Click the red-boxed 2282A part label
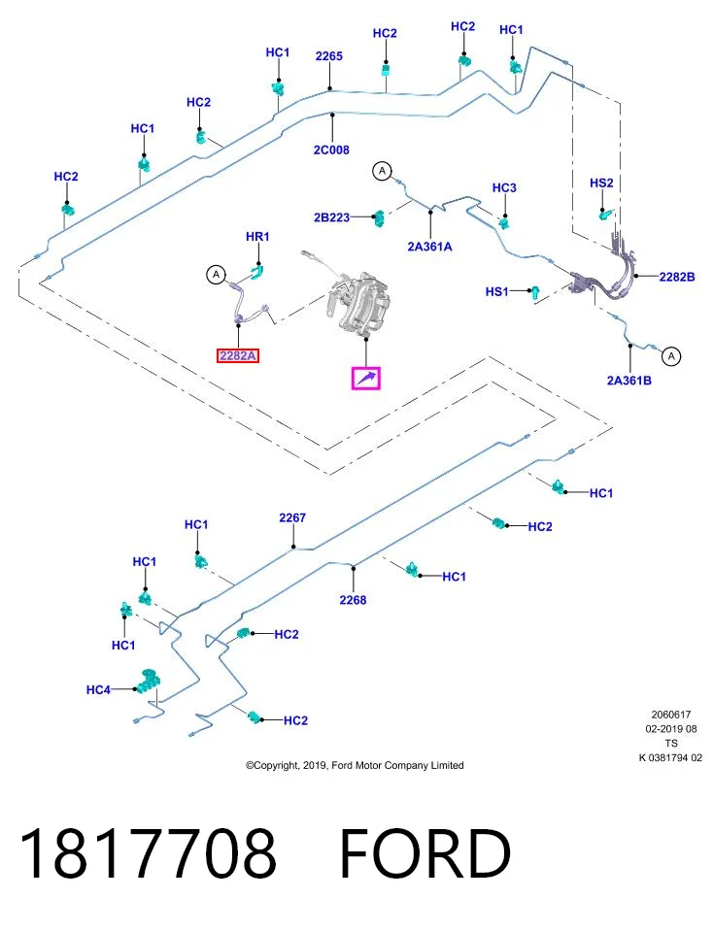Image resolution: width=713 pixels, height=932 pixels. point(238,355)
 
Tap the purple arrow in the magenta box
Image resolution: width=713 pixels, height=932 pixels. point(365,378)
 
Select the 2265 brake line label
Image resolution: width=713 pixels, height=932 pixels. point(329,56)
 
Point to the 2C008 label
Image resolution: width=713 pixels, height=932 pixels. point(331,150)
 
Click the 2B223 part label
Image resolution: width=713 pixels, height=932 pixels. point(332,217)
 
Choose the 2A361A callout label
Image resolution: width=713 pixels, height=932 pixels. point(429,246)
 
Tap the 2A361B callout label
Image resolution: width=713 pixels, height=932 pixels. point(628,381)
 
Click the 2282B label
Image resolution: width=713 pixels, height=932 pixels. point(677,277)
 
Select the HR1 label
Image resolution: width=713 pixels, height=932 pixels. point(257,237)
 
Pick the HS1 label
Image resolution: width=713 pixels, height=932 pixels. point(497,291)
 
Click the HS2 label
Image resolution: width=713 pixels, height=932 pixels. point(601,183)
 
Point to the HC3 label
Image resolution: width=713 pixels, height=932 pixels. point(504,187)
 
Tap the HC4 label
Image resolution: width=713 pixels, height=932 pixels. point(98,689)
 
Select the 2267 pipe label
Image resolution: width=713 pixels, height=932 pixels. point(292,517)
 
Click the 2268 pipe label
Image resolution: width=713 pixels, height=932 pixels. point(353,600)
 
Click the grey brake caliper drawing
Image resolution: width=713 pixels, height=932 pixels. point(358,301)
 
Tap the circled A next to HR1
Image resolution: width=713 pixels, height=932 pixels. point(216,275)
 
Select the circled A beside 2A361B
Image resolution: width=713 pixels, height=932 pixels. point(671,356)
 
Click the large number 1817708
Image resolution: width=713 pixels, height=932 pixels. point(148,854)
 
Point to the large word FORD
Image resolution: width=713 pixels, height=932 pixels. point(425,854)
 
